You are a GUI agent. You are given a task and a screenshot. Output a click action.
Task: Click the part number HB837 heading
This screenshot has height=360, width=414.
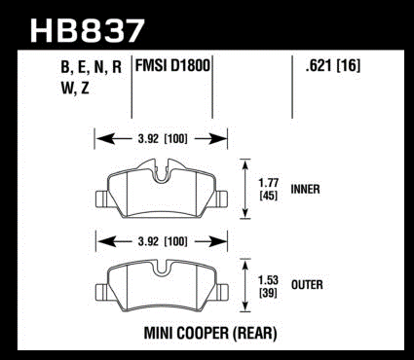87,30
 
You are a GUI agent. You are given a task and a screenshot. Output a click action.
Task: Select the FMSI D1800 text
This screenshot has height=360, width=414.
172,65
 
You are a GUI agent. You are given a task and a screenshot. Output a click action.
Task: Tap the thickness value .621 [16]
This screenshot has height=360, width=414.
332,66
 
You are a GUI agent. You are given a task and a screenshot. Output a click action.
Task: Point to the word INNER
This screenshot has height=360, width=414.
305,189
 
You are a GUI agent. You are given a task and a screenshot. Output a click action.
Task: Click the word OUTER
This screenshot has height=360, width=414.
307,285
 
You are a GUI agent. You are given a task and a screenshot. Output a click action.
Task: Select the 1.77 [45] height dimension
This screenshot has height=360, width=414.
269,190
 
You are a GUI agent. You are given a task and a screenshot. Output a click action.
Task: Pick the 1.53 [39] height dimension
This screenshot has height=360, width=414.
268,286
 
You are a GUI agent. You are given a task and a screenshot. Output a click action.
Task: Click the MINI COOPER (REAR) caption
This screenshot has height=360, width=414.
210,334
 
